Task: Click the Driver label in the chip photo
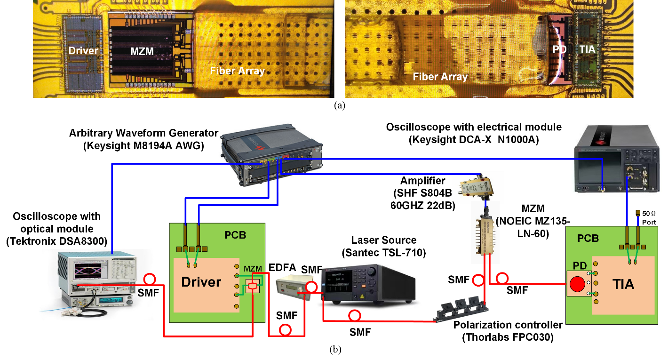pyautogui.click(x=83, y=51)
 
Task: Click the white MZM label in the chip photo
pyautogui.click(x=143, y=51)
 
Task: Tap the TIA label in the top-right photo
pyautogui.click(x=587, y=48)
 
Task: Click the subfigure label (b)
pyautogui.click(x=335, y=349)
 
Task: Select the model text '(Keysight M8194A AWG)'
pyautogui.click(x=143, y=145)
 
